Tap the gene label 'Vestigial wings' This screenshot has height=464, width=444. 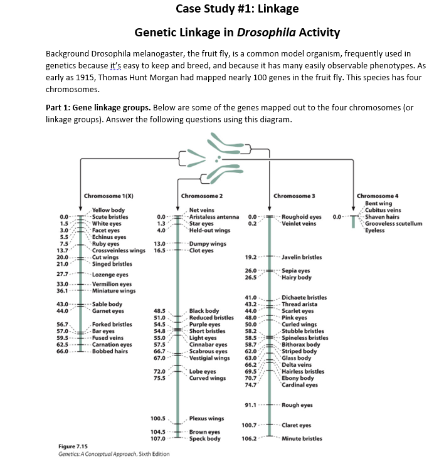209,358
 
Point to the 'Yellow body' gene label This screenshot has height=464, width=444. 108,210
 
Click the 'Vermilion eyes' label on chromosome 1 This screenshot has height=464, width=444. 112,284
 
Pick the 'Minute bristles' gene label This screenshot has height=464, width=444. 302,438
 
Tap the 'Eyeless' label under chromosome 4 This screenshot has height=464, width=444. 375,230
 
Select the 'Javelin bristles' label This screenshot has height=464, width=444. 302,256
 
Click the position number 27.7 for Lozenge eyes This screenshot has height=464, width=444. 62,274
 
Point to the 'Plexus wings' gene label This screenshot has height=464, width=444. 207,418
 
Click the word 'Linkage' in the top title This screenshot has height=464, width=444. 276,8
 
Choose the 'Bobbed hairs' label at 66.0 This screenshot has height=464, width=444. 110,351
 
